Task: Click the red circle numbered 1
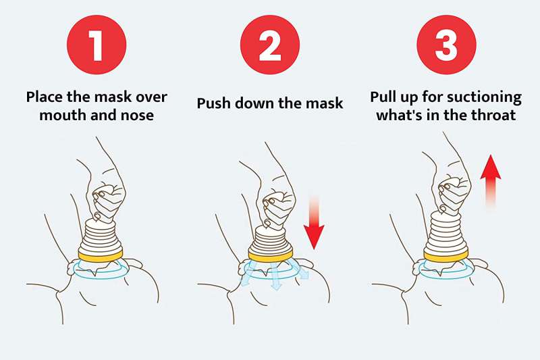97,45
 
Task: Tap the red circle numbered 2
270,45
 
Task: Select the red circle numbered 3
446,45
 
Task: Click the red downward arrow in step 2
314,222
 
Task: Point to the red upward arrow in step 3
491,182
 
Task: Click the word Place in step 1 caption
45,97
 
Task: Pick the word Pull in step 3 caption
383,97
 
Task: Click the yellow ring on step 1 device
100,256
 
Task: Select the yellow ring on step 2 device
271,256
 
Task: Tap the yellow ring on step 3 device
446,256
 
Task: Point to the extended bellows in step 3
446,232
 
